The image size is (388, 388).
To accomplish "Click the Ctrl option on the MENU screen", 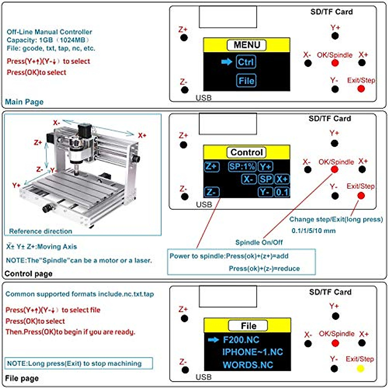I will pos(246,62).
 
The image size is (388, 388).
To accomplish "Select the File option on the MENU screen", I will pos(246,81).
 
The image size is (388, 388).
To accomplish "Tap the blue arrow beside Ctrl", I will pos(227,61).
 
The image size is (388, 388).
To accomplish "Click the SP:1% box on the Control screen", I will pos(242,167).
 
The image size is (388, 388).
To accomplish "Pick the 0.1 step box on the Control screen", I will pos(282,192).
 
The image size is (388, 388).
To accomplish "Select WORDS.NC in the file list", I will pos(248,365).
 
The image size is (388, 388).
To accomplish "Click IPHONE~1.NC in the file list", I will pos(252,352).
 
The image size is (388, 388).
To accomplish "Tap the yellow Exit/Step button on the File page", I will pos(360,369).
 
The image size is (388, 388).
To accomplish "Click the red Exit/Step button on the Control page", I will pos(361,196).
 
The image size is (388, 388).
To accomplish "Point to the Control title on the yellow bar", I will pos(247,152).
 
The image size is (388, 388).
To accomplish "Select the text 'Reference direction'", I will pos(40,231).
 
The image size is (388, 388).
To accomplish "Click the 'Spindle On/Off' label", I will pos(259,242).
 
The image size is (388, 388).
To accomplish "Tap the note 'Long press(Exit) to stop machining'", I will pos(74,363).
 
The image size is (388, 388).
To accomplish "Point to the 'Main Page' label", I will pos(24,102).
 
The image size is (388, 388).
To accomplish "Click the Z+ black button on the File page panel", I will pos(184,319).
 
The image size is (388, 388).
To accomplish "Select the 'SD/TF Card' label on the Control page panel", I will pos(329,119).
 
